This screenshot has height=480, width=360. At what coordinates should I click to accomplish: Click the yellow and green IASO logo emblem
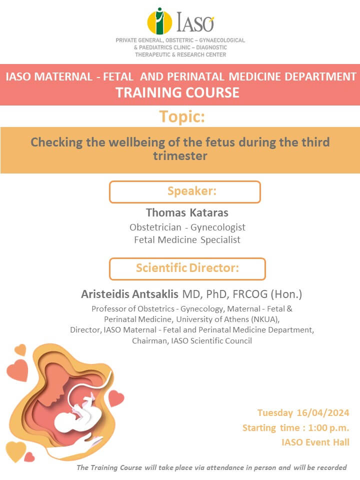159,21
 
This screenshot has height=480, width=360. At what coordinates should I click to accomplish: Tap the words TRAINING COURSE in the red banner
177,92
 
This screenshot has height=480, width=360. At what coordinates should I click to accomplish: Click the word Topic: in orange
182,116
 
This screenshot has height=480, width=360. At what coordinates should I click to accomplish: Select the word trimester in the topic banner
180,156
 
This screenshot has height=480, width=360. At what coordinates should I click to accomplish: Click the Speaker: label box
185,191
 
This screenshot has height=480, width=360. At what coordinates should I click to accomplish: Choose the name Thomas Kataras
187,212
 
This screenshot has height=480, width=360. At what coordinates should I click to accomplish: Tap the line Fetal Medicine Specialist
187,239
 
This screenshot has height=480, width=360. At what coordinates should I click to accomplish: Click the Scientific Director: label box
187,269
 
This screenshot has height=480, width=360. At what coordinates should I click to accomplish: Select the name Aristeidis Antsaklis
129,294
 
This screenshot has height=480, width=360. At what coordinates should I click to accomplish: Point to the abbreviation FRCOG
250,294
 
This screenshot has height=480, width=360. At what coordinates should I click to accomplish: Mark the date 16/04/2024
323,412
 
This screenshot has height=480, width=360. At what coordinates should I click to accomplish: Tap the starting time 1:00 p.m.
328,427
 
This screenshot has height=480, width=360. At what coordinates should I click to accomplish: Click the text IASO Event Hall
315,442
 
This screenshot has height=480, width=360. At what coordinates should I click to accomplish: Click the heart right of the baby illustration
116,398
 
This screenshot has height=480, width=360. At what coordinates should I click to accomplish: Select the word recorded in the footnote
331,467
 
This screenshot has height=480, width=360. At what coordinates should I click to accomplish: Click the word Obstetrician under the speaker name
155,227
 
